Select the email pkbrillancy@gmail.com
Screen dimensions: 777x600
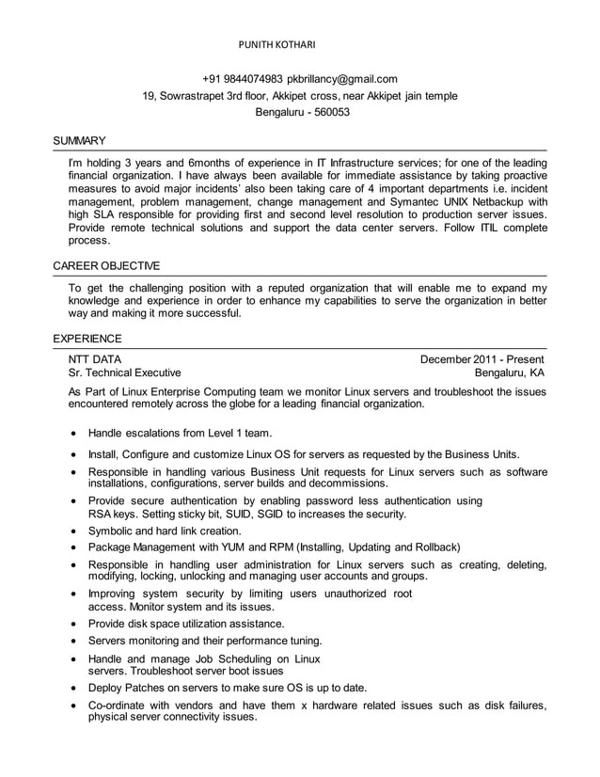[342, 79]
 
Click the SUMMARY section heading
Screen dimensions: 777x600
[79, 141]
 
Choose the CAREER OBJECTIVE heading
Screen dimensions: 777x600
[106, 265]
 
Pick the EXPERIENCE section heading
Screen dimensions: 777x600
[87, 338]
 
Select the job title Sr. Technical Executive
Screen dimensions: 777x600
[125, 373]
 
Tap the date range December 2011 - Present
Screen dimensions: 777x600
[482, 359]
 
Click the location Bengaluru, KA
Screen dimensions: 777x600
[509, 373]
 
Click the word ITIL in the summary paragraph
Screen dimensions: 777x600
[491, 228]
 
